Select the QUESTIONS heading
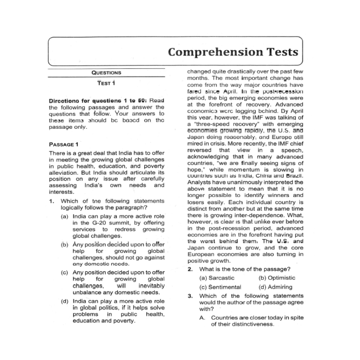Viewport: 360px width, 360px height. click(x=107, y=73)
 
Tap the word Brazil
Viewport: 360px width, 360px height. click(x=295, y=176)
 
